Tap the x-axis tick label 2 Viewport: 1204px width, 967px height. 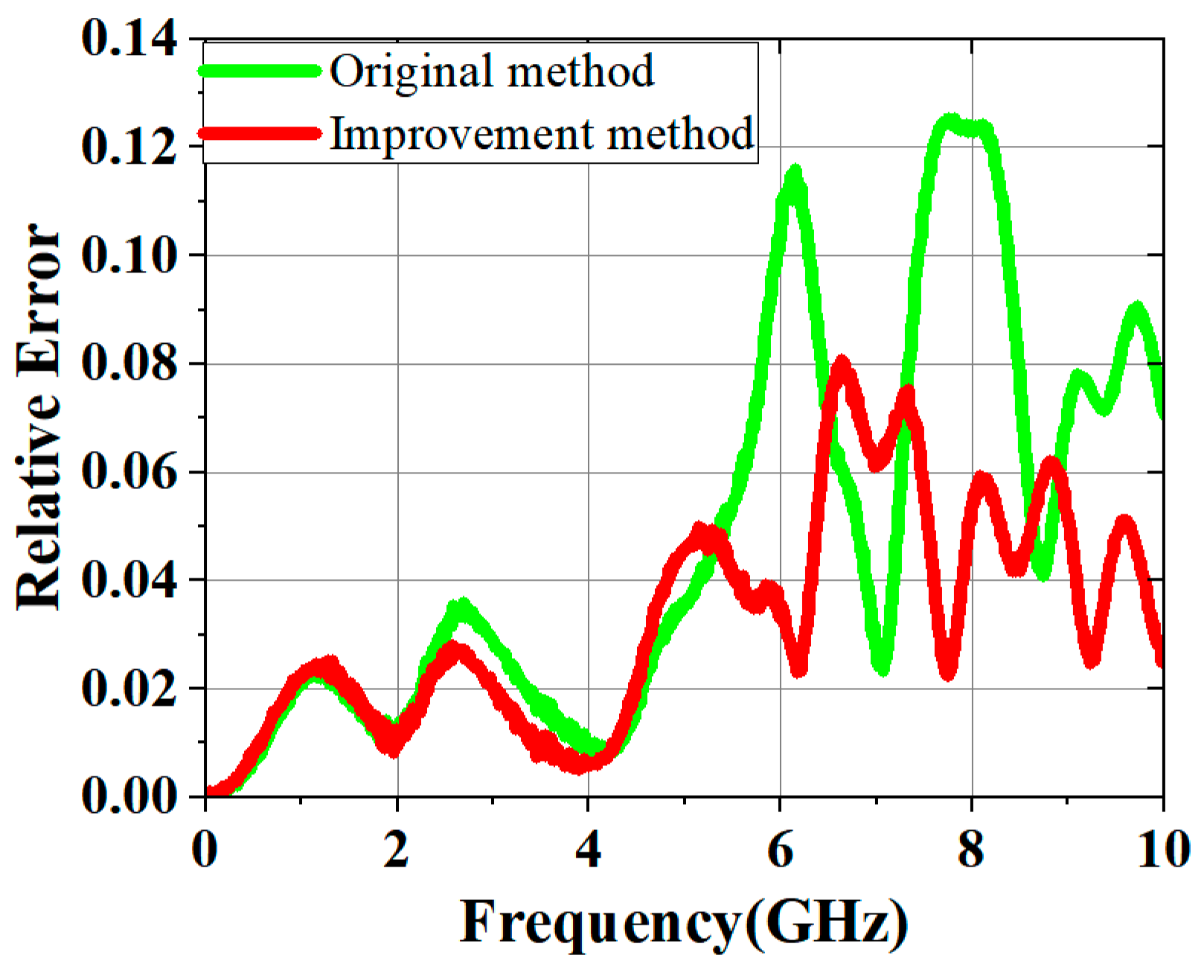(x=397, y=850)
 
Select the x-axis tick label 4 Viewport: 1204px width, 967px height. (x=588, y=850)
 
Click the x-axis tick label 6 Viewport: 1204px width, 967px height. (x=780, y=850)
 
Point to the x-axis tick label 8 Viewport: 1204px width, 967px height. (x=971, y=850)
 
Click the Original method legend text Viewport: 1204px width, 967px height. (x=492, y=71)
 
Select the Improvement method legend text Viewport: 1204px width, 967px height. (x=542, y=133)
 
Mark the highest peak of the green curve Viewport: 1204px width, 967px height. (x=950, y=119)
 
